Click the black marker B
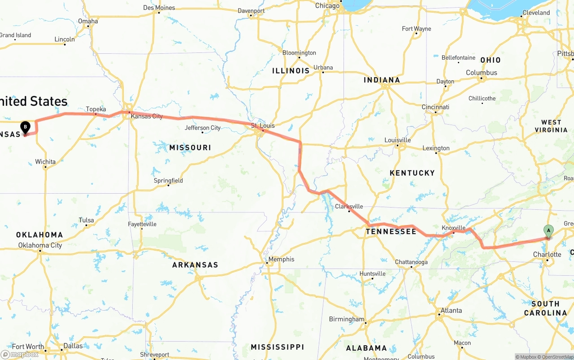click(x=25, y=127)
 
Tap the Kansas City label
click(x=147, y=117)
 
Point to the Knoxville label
click(x=453, y=228)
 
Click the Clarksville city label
click(x=349, y=207)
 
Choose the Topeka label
click(x=96, y=109)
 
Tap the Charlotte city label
click(x=547, y=255)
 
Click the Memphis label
click(x=281, y=259)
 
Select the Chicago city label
click(x=327, y=6)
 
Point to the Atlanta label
click(x=451, y=310)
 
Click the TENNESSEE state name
click(x=391, y=231)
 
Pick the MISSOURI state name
click(x=190, y=147)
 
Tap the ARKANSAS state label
click(x=195, y=265)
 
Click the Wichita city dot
click(x=45, y=167)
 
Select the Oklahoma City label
click(x=40, y=245)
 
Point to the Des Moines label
click(x=159, y=8)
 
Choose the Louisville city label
click(x=398, y=140)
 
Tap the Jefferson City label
click(x=203, y=128)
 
